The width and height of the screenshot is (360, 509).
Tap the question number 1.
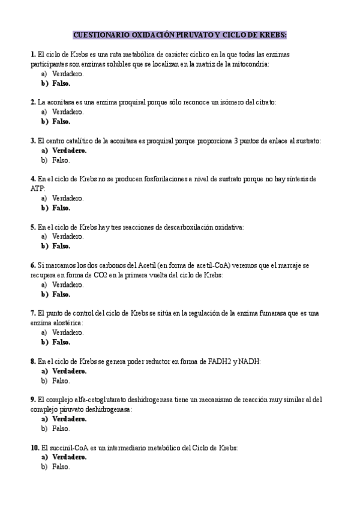(32, 55)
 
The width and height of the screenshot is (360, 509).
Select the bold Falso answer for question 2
(61, 121)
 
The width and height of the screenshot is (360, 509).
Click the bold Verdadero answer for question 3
(69, 151)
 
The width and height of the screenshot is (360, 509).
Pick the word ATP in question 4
(37, 188)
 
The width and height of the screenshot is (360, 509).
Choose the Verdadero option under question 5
(68, 236)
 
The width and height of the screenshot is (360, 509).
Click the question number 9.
(32, 400)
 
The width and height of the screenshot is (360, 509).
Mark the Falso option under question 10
(61, 466)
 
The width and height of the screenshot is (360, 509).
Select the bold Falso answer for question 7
(61, 342)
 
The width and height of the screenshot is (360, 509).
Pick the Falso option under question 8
(61, 381)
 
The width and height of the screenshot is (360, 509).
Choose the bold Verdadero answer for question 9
(69, 419)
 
